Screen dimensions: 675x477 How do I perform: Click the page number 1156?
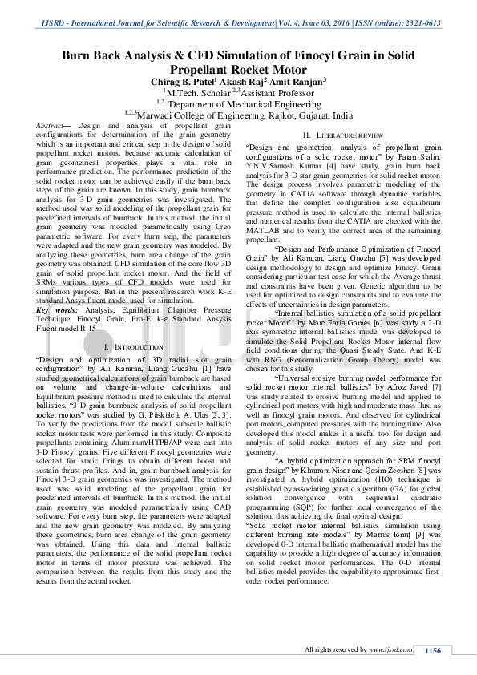click(433, 651)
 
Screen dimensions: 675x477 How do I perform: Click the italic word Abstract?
click(52, 126)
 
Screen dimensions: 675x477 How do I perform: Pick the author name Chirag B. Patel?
click(172, 81)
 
